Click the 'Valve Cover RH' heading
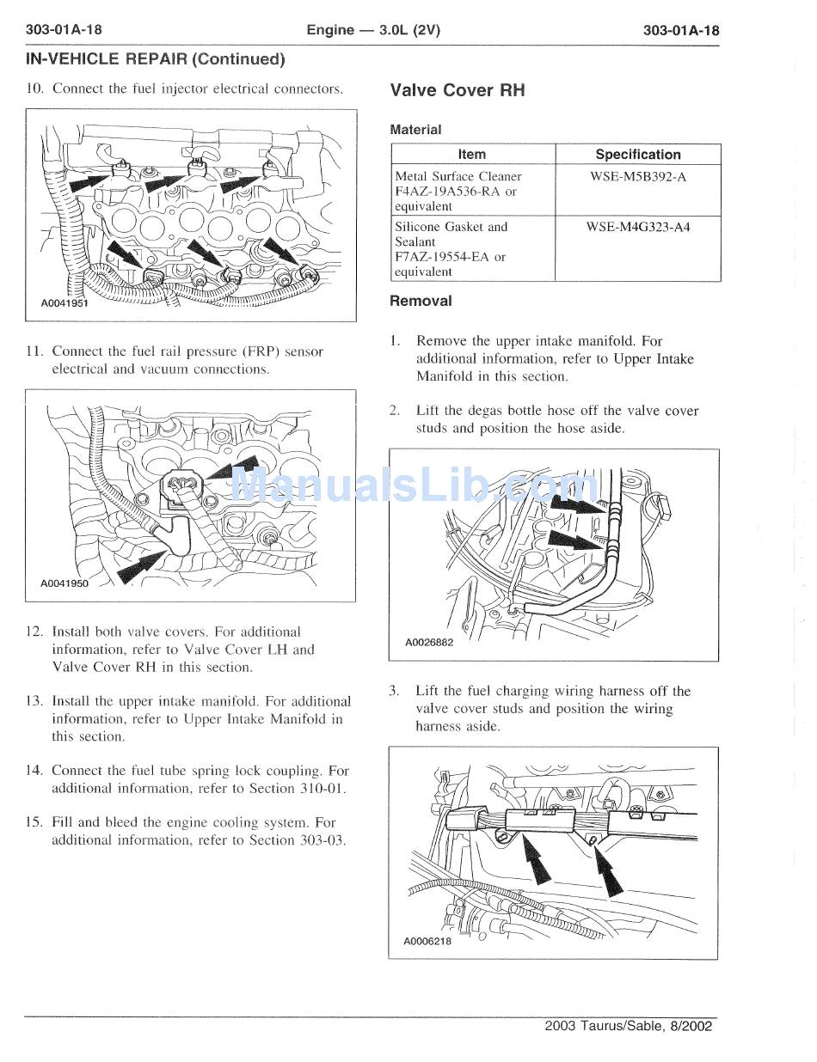coord(457,90)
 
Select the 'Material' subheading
coord(415,130)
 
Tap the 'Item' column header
coord(471,155)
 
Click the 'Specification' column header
coord(637,155)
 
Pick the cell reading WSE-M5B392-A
coord(637,176)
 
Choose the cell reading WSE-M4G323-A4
coord(637,227)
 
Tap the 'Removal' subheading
coord(421,301)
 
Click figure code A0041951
coord(64,303)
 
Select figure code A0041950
coord(64,583)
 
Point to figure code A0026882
coord(428,641)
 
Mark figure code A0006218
coord(427,941)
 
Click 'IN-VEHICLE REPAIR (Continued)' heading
coord(155,59)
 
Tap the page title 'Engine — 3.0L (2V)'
coord(373,30)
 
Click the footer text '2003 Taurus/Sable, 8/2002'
coord(629,1026)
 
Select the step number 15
coord(35,822)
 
